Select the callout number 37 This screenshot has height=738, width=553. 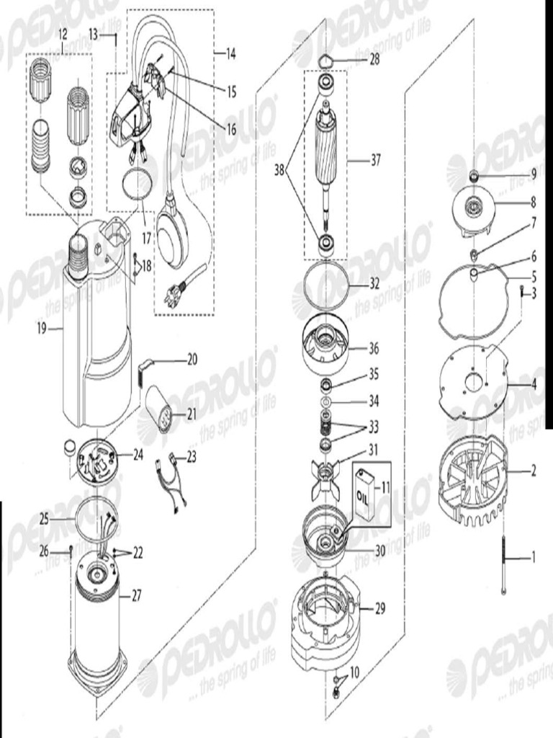pos(375,161)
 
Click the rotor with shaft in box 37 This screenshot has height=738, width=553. pos(327,166)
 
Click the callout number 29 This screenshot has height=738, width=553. pos(379,608)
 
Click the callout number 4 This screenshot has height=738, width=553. pos(533,383)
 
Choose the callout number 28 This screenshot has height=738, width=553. pos(374,60)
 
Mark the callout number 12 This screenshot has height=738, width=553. pos(62,34)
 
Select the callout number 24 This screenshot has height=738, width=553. pos(138,455)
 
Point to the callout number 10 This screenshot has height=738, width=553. pos(353,672)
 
